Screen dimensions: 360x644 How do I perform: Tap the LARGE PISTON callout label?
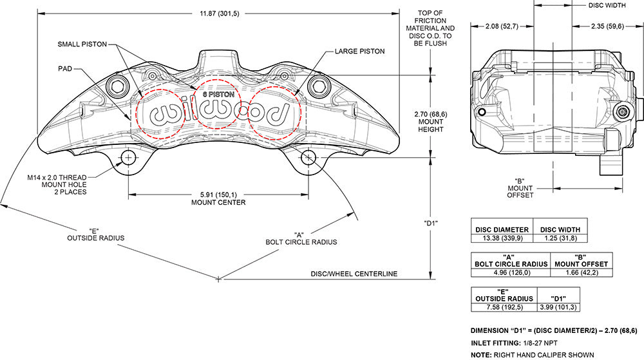click(x=359, y=50)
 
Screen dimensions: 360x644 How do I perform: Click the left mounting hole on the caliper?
click(x=128, y=158)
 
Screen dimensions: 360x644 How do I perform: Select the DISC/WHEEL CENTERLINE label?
click(x=355, y=274)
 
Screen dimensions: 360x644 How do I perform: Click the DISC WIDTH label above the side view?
click(x=607, y=5)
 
